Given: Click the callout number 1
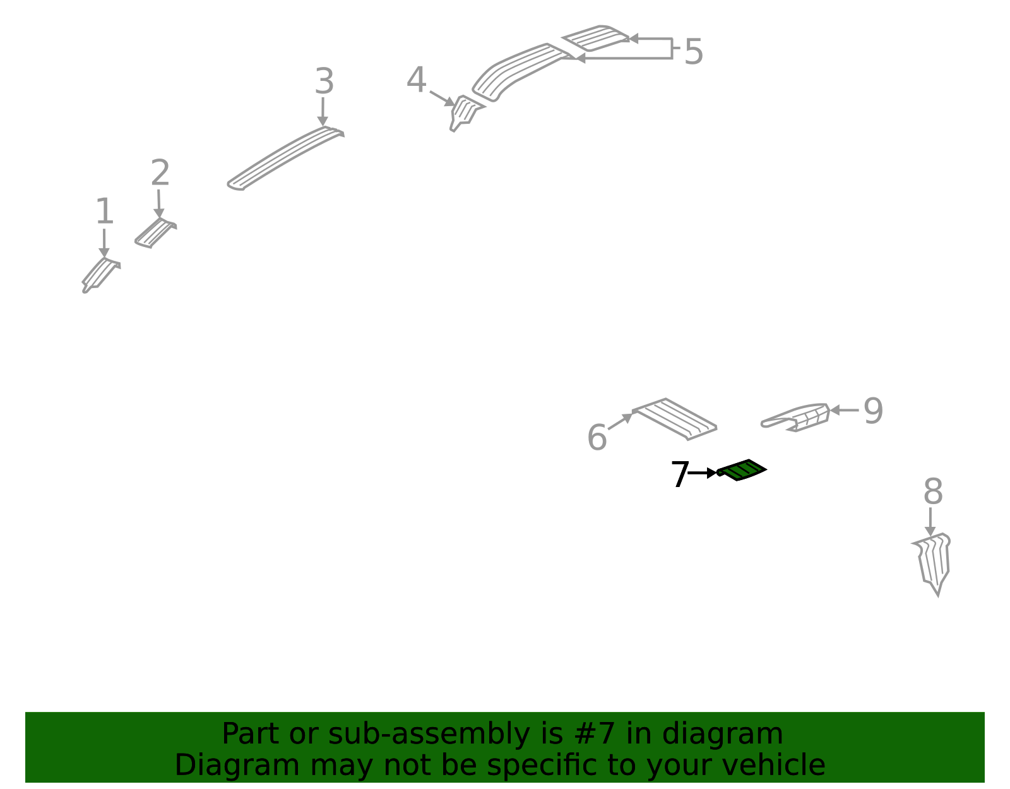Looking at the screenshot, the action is (105, 210).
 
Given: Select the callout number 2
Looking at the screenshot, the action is (160, 172).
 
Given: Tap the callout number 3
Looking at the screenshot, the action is (324, 80).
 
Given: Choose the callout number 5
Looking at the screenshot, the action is (694, 51).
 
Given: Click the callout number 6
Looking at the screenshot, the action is (597, 437).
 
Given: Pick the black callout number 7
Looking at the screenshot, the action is (680, 474).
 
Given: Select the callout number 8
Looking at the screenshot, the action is (933, 491).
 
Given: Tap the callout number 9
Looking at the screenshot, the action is (873, 411).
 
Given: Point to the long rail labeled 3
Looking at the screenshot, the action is (285, 158).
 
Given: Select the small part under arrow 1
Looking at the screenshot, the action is (101, 275).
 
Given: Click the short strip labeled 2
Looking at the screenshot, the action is (156, 233).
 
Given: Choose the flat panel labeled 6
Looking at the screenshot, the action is (675, 419).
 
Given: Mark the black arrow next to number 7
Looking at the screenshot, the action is (703, 473).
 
